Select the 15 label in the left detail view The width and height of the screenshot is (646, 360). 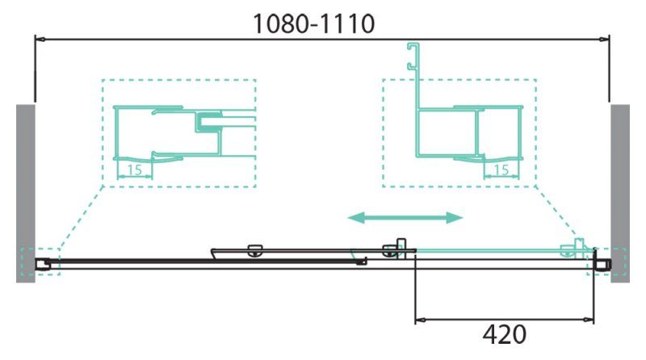pyautogui.click(x=135, y=170)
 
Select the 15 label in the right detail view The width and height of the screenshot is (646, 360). pyautogui.click(x=501, y=170)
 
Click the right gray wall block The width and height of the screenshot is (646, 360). pyautogui.click(x=619, y=192)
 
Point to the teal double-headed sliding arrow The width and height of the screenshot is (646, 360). pyautogui.click(x=405, y=217)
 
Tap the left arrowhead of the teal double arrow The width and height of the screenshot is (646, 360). pyautogui.click(x=354, y=217)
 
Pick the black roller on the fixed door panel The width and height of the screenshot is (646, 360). pyautogui.click(x=255, y=250)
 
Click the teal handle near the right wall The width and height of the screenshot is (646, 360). pyautogui.click(x=579, y=247)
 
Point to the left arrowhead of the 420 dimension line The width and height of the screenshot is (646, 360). pyautogui.click(x=419, y=321)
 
